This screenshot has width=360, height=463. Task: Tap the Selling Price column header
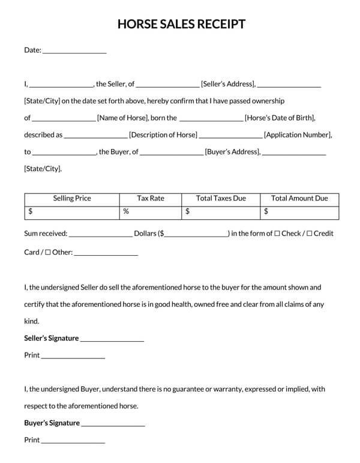point(72,198)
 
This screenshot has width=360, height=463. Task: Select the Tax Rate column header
point(151,198)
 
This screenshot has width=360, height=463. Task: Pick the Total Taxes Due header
point(221,198)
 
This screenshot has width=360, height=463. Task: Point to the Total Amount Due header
point(299,198)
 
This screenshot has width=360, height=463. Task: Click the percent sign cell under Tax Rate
point(151,211)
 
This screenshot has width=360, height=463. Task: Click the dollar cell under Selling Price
point(72,211)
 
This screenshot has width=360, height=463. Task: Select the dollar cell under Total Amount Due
point(299,211)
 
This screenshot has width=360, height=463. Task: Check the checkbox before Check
point(277,234)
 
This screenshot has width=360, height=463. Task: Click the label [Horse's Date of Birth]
point(281,118)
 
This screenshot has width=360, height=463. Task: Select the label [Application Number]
point(298,135)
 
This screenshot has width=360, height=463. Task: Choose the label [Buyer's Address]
point(233,152)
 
